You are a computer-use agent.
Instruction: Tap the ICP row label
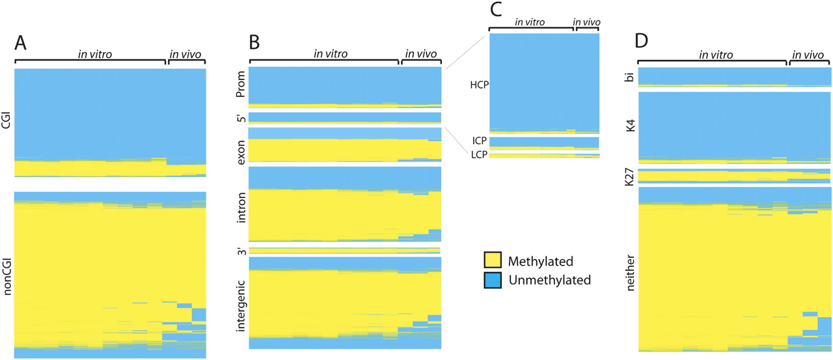click(x=480, y=140)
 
